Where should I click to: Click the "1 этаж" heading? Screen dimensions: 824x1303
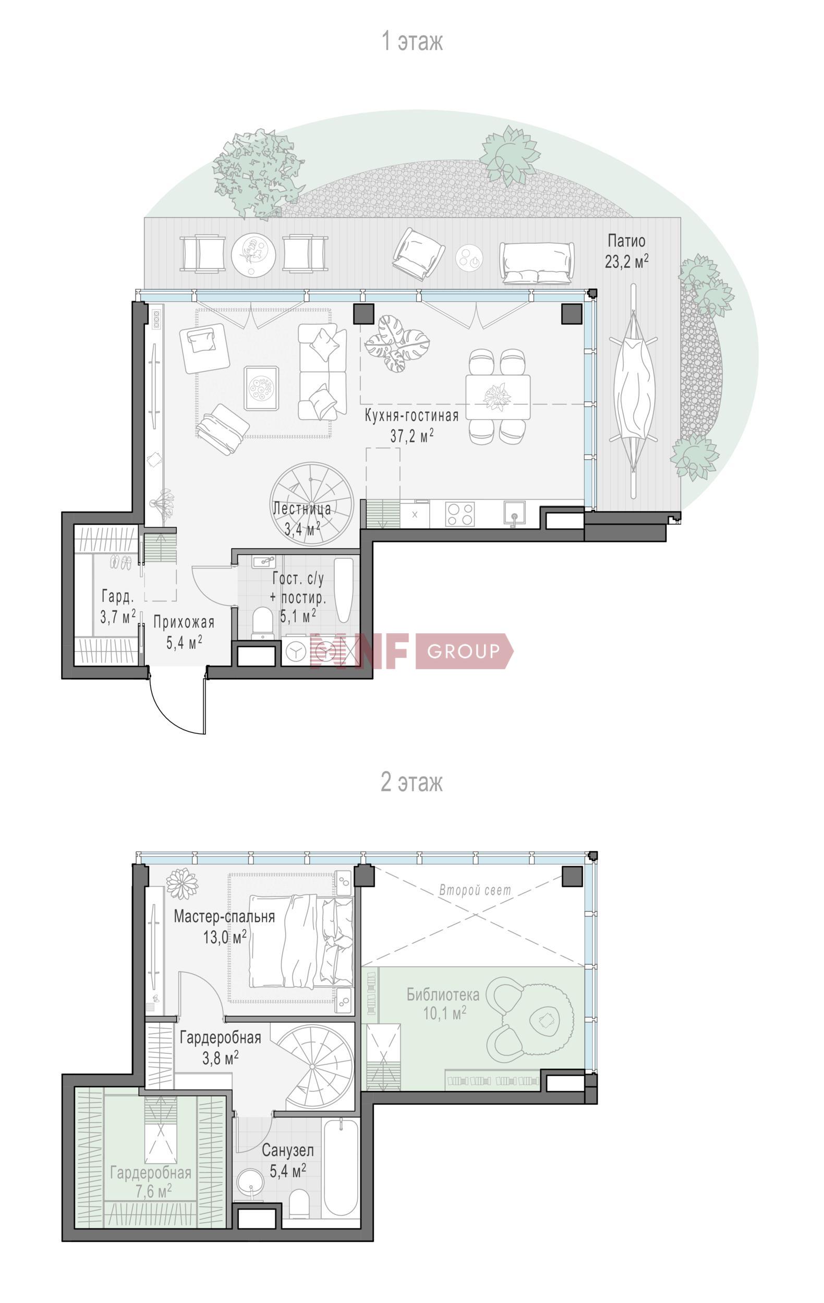click(x=412, y=42)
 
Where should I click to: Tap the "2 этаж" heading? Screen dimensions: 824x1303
click(x=412, y=782)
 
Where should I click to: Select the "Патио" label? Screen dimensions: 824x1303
click(x=626, y=240)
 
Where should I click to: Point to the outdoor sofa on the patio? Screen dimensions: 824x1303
click(x=537, y=263)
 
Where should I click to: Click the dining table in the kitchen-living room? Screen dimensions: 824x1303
click(x=498, y=397)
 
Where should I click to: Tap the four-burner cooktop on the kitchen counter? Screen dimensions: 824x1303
click(x=459, y=514)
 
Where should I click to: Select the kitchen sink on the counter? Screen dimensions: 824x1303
click(x=514, y=514)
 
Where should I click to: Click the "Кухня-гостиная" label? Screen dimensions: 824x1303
click(x=411, y=415)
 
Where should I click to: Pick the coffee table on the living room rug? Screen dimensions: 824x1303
click(x=261, y=388)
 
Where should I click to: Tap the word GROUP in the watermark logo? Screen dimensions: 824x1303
click(x=463, y=651)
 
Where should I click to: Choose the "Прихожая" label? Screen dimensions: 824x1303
click(x=184, y=622)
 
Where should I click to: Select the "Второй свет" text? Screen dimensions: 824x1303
click(x=475, y=890)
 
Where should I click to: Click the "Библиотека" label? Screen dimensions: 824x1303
click(x=443, y=994)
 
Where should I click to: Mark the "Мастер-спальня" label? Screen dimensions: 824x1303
click(x=224, y=917)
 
